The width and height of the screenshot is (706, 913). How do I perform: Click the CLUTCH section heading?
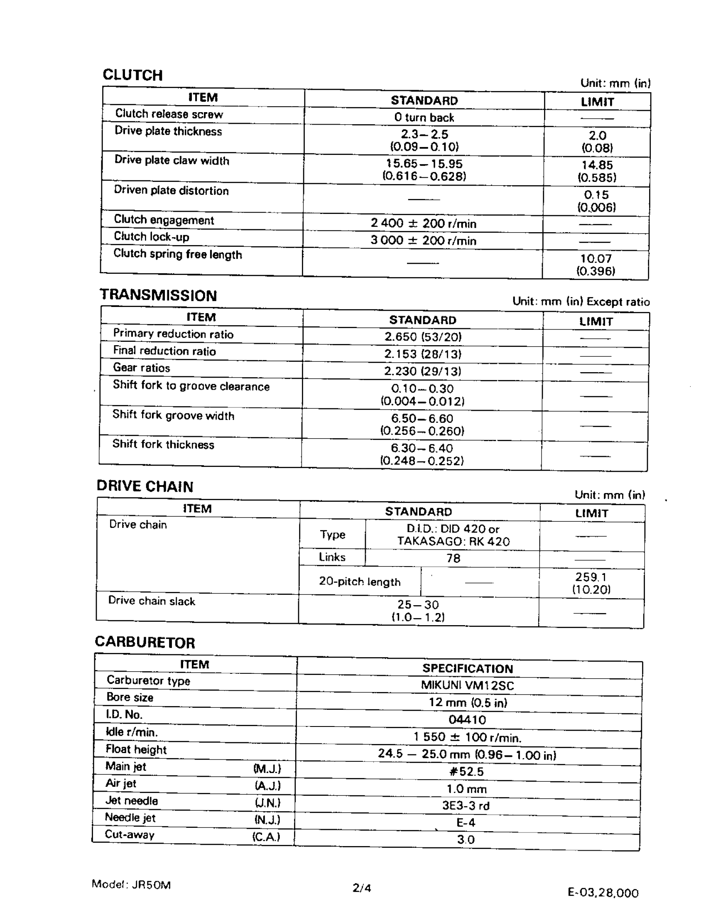(x=132, y=75)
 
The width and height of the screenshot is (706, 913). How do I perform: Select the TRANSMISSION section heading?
(x=158, y=295)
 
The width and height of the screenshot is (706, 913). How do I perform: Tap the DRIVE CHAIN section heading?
(x=145, y=486)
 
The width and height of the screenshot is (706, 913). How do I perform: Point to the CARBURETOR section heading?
(x=145, y=642)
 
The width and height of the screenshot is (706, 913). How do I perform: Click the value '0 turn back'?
(x=424, y=118)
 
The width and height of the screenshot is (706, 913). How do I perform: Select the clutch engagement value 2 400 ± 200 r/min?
(x=423, y=223)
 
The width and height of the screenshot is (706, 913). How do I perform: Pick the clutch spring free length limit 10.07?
(x=596, y=258)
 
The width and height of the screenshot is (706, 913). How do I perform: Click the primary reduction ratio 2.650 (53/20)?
(x=423, y=337)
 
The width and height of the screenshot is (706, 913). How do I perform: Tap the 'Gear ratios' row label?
(x=141, y=368)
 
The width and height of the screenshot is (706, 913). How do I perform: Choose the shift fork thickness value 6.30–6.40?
(x=422, y=448)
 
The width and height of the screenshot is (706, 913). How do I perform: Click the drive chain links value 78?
(x=453, y=558)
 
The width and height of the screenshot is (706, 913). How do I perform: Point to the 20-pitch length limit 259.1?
(x=591, y=577)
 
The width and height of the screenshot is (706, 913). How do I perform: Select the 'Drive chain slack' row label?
(x=151, y=601)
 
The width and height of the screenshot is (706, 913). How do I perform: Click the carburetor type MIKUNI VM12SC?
(x=467, y=685)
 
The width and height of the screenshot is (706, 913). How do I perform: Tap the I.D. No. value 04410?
(x=467, y=719)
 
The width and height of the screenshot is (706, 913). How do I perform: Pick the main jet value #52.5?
(x=466, y=771)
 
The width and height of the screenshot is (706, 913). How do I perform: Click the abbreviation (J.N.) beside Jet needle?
(x=267, y=803)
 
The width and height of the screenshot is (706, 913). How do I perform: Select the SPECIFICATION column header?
(x=467, y=668)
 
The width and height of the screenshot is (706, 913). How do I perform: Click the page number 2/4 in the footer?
(x=362, y=888)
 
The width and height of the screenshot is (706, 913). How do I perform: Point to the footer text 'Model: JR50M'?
(x=131, y=885)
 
